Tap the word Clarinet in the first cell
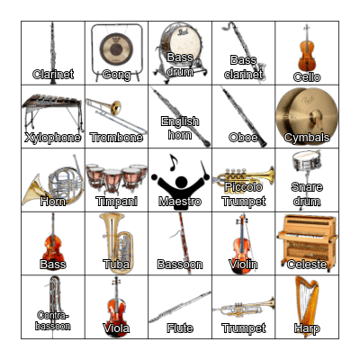point(53,75)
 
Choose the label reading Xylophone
point(53,138)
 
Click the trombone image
point(115,112)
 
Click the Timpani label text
point(117,202)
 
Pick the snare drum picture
point(307,163)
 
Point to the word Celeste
point(307,265)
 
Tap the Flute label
point(180,328)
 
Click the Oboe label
point(243,138)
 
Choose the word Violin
point(243,265)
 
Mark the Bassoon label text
point(180,265)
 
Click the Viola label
point(117,328)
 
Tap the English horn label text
point(180,128)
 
